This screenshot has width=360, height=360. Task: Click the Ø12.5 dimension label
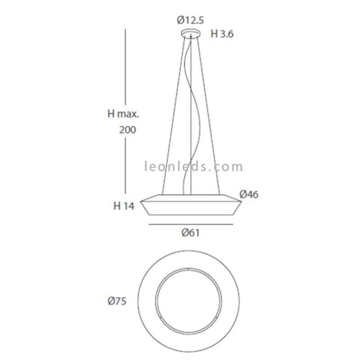tap(190, 20)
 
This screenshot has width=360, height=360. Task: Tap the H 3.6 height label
tap(222, 34)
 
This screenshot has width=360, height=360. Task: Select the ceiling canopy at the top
tap(191, 33)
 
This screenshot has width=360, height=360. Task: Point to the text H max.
tap(123, 114)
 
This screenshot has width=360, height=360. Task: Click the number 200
tap(128, 130)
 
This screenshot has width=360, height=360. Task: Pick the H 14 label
tap(124, 206)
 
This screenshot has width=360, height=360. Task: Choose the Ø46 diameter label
tap(249, 194)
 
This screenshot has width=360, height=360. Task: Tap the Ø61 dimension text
tap(190, 233)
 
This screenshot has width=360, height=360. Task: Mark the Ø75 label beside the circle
tap(117, 301)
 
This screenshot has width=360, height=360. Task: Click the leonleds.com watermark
tap(193, 166)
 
